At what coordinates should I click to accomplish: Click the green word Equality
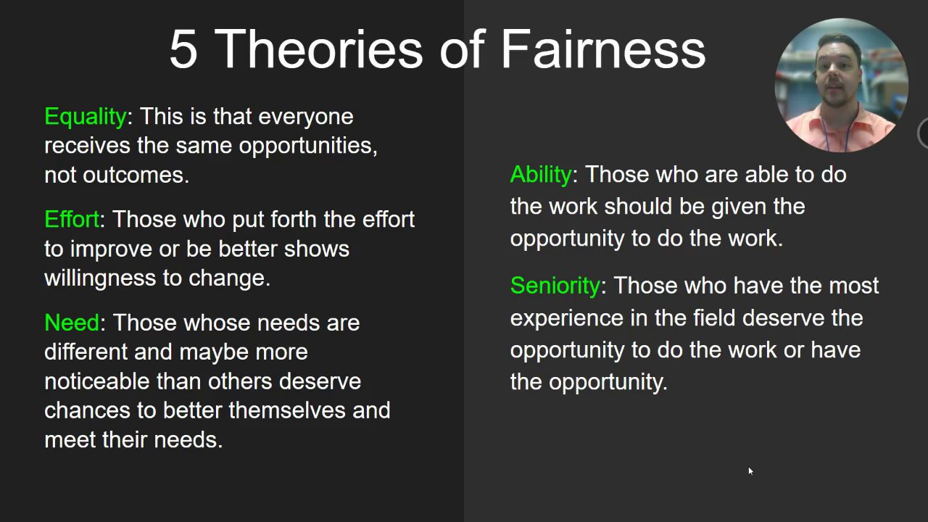tap(86, 117)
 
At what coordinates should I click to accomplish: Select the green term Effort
tap(72, 219)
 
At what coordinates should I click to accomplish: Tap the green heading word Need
tap(72, 323)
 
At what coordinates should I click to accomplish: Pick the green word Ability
tap(541, 175)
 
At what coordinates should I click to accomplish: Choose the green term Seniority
tap(555, 286)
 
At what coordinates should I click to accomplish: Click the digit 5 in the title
tap(183, 49)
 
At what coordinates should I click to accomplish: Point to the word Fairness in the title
tap(603, 49)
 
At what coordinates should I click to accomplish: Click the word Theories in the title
tap(318, 49)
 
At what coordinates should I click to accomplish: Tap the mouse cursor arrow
tap(750, 471)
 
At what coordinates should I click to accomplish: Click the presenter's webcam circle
tap(842, 85)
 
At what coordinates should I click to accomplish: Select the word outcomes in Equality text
tap(136, 175)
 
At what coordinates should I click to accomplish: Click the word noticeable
tap(97, 381)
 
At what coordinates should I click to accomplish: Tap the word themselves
tap(286, 410)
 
